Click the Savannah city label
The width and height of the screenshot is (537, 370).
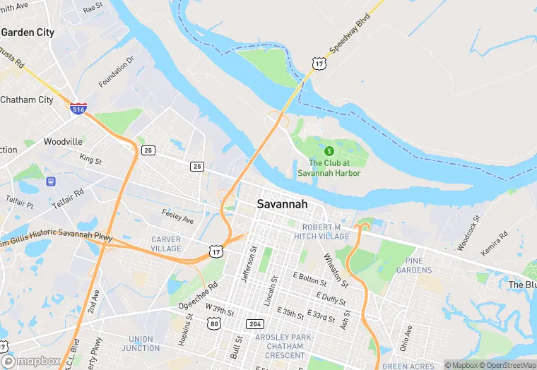pos(282,203)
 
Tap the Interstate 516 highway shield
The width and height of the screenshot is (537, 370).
pos(78,109)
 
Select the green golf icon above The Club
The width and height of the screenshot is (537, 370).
pos(328,150)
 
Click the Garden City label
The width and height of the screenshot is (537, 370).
pos(28,32)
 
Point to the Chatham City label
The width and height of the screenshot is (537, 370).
pos(27,100)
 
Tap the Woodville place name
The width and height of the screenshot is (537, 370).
pos(63,141)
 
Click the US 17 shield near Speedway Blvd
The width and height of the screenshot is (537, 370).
pos(319,64)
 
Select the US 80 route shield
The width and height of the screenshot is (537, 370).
pos(215,323)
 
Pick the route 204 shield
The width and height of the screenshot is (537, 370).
pos(255,323)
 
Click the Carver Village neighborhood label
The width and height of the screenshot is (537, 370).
pos(166,244)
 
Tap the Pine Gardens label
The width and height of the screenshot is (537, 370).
pos(414,265)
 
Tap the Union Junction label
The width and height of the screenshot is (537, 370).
pos(140,343)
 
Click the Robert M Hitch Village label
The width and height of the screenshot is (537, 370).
pos(326,232)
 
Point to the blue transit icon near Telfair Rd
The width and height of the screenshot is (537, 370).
pos(51,181)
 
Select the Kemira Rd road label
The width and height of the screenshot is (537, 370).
pos(494,244)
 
